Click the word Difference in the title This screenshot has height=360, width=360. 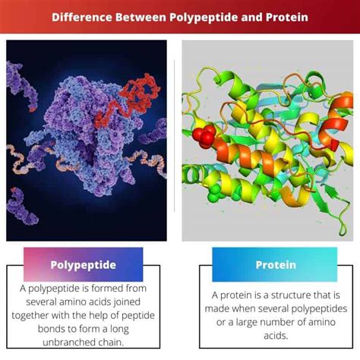82,17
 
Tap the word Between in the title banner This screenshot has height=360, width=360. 141,17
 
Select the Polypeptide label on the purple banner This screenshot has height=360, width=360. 84,265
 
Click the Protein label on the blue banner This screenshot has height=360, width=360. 276,265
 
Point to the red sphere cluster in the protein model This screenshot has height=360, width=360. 204,136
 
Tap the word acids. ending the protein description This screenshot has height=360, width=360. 276,336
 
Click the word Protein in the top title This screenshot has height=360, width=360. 287,17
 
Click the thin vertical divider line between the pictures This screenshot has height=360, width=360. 174,136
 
